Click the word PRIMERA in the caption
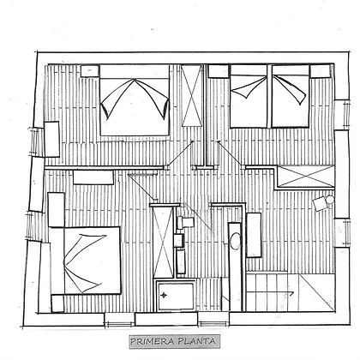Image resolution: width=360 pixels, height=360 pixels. point(152,341)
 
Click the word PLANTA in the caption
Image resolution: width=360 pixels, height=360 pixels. point(196,341)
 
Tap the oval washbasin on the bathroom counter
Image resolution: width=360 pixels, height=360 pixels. point(236,241)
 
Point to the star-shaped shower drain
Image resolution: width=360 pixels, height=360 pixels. point(164,295)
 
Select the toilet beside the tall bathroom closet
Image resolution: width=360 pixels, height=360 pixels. point(185,223)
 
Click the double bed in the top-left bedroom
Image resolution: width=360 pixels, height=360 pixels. point(135,100)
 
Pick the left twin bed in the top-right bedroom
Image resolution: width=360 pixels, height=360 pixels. point(249,97)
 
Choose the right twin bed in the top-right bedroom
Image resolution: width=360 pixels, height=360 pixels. point(291,97)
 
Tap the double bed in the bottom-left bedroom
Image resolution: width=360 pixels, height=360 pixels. point(85,261)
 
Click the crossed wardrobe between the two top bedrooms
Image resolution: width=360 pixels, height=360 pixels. point(192,96)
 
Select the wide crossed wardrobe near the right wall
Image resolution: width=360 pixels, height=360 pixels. point(306,177)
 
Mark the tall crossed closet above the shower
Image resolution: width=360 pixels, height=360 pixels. point(164,242)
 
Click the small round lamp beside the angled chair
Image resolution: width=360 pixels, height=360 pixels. point(330,200)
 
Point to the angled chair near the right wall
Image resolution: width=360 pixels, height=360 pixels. point(320,204)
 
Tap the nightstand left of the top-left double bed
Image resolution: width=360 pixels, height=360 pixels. point(90,71)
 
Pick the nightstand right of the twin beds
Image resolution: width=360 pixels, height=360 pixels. point(321,71)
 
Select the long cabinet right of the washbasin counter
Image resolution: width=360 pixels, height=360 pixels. point(254,235)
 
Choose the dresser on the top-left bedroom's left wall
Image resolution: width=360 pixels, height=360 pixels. point(51,139)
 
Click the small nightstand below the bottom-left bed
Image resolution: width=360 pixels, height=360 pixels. point(57,303)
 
